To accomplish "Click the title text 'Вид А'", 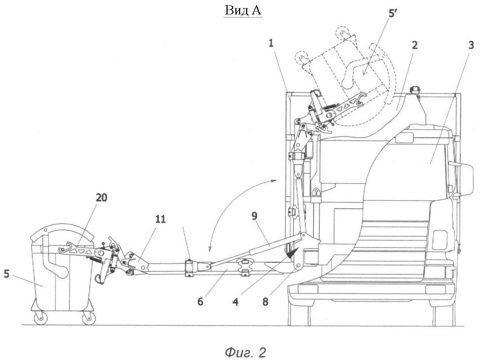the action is click(243, 10).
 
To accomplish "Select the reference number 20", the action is click(101, 198).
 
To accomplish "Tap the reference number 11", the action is click(160, 219).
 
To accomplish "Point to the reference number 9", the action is click(255, 216).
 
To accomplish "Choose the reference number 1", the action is click(271, 43).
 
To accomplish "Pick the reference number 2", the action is click(414, 45).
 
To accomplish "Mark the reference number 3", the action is click(471, 45).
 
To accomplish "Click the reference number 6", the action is click(200, 302).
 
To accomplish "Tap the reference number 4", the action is click(235, 302).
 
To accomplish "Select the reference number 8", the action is click(265, 302).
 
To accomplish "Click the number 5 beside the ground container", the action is click(7, 274).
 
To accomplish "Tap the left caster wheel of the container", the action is click(41, 318).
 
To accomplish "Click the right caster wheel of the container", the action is click(89, 318).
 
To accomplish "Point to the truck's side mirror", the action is click(465, 179).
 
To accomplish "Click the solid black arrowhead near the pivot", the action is click(292, 253).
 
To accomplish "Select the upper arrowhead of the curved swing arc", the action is click(274, 180).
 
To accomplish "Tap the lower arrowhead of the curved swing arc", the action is click(209, 249).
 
